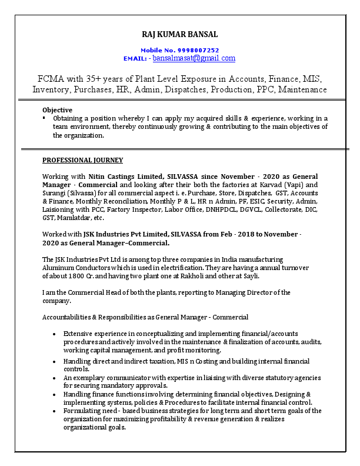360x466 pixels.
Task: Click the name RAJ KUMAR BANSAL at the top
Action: click(179, 35)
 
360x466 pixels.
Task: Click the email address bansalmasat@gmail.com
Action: click(194, 58)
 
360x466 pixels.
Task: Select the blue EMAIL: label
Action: click(135, 59)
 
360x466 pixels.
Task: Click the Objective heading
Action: click(57, 110)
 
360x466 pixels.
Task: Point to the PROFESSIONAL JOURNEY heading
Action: click(82, 160)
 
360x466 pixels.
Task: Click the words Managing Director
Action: click(247, 292)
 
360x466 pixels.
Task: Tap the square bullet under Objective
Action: click(44, 118)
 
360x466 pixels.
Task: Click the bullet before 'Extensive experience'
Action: click(54, 334)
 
